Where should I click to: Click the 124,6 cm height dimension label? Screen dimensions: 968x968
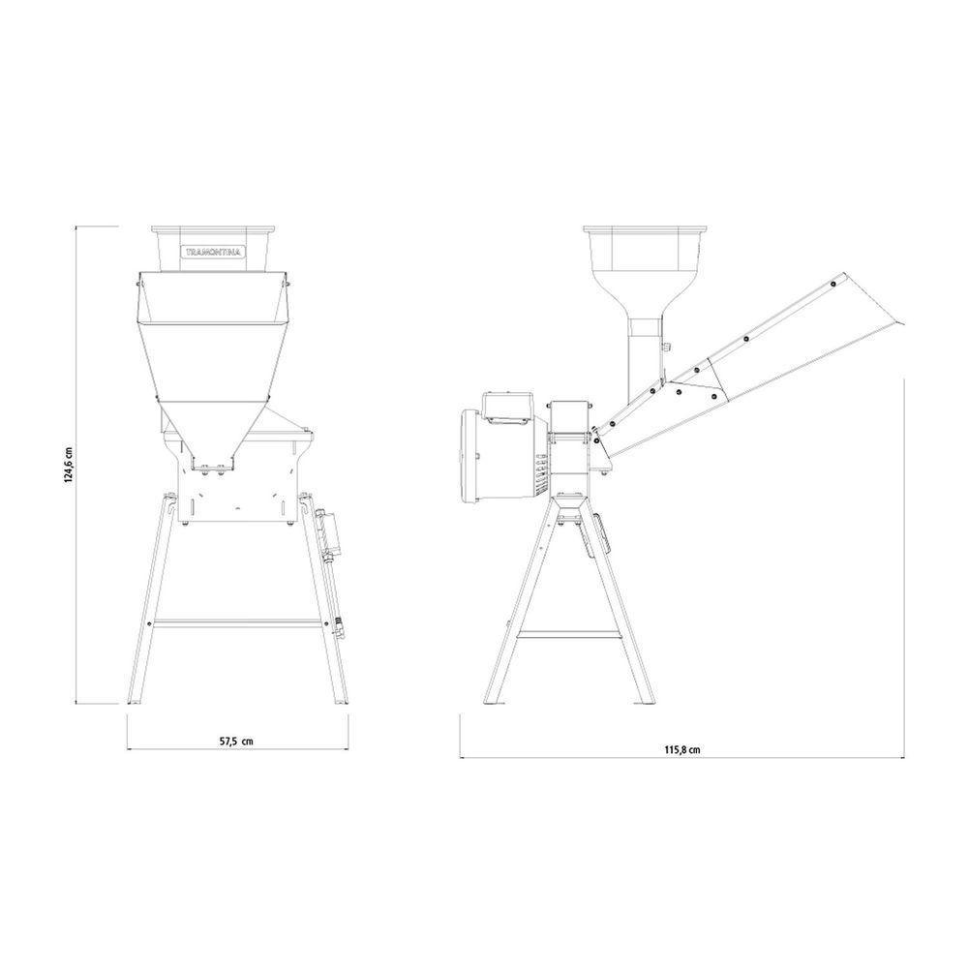[70, 465]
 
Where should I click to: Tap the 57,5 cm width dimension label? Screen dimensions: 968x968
[236, 741]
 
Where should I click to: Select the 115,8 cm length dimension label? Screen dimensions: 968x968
[682, 750]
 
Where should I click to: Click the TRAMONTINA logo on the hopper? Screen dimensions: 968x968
[214, 252]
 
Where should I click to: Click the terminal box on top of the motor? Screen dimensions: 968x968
[507, 407]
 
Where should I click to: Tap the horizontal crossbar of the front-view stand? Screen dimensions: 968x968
[238, 623]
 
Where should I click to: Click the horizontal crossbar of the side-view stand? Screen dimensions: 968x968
[568, 633]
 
